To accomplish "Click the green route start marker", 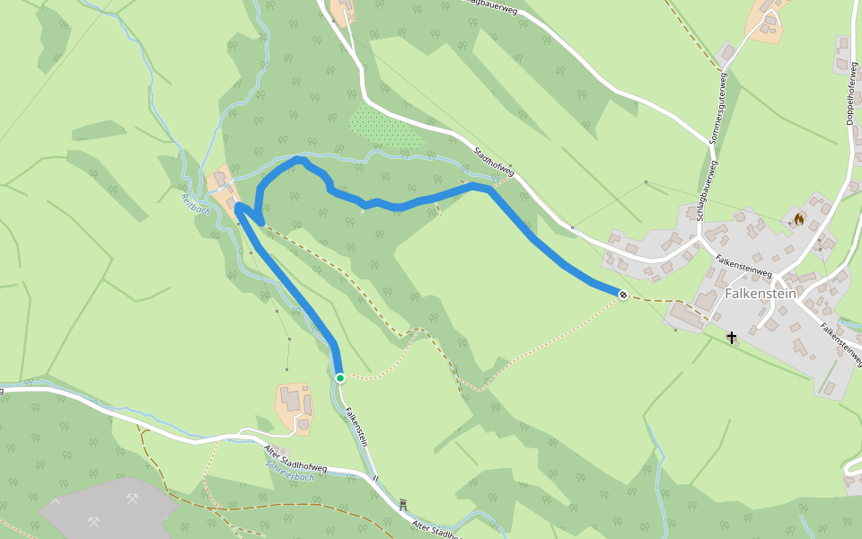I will tap(340, 378).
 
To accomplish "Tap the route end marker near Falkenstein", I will tap(622, 294).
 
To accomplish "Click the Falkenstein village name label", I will tap(761, 294).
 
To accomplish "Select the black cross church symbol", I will tap(732, 338).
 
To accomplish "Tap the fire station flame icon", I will tap(798, 218).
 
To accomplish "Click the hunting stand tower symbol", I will tap(402, 505).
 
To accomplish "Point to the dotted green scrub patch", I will tap(386, 128).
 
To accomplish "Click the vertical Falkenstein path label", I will tap(356, 427).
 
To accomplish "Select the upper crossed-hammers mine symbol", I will tap(132, 499).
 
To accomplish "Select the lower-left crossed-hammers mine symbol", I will tap(93, 521).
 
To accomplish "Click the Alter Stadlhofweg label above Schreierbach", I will tap(296, 456).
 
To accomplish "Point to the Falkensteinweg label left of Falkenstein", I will tap(744, 265).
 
